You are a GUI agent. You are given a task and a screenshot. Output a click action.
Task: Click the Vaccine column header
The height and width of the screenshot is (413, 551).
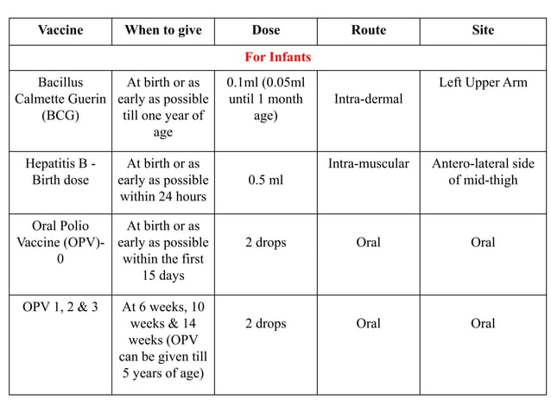pos(60,30)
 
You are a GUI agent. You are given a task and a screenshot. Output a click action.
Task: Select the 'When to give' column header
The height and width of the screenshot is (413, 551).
pos(163,30)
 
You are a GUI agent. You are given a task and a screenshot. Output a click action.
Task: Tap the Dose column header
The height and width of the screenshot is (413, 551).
pos(265,30)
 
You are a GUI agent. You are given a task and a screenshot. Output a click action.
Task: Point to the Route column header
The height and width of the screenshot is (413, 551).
pos(368,30)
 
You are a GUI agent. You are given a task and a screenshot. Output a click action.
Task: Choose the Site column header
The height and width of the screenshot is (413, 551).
pos(483,30)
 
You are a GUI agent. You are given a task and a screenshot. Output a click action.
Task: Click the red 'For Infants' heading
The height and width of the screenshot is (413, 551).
pos(277,57)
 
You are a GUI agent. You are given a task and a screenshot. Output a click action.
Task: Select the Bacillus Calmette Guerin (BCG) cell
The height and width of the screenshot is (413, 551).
pos(60,99)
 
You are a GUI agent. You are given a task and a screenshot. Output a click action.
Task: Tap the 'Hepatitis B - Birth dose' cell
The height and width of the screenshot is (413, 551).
pos(60,171)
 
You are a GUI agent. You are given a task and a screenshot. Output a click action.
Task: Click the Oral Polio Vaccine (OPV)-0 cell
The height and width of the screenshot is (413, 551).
pos(60,243)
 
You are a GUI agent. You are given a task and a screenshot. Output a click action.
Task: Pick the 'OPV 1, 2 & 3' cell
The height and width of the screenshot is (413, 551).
pos(60,307)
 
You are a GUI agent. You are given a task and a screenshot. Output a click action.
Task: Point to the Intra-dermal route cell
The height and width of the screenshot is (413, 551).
pos(368,99)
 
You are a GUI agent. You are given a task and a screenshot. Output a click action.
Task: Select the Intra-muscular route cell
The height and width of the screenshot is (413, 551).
pos(368,163)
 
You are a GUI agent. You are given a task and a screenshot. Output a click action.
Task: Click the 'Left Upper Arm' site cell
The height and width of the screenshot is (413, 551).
pos(483,83)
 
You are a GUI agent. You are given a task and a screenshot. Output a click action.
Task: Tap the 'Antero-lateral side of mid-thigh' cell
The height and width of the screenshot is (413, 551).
pos(483,171)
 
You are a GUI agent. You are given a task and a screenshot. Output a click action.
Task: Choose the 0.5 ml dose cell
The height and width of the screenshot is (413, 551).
pos(265,181)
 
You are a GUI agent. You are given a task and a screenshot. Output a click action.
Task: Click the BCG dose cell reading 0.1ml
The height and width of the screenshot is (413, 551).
pos(265,99)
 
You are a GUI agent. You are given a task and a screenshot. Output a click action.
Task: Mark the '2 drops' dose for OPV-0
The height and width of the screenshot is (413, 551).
pos(265,243)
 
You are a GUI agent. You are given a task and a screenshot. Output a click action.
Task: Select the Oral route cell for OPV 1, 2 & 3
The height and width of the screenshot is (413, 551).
pos(368,323)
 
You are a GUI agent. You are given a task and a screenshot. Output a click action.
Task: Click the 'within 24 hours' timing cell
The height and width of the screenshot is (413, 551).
pos(163,180)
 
